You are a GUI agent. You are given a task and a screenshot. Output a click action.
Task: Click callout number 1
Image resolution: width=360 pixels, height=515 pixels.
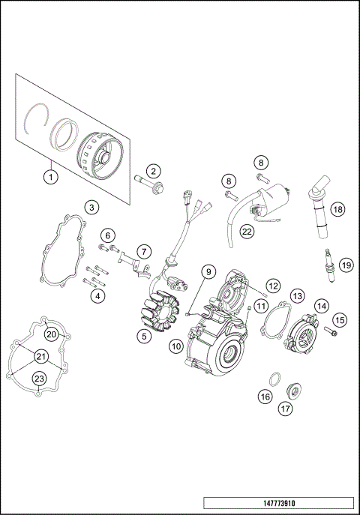pos(50,177)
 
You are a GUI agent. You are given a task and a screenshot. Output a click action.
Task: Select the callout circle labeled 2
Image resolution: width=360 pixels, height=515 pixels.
pos(152,172)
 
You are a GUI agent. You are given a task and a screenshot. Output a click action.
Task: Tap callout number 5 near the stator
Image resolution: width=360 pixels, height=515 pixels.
pos(143,337)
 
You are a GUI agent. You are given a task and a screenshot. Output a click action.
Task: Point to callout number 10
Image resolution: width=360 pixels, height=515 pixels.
pos(175,346)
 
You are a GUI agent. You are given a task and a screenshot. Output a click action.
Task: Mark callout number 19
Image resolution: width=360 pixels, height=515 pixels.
pos(345,265)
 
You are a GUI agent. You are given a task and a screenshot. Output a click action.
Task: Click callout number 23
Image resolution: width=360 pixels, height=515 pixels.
pos(40,378)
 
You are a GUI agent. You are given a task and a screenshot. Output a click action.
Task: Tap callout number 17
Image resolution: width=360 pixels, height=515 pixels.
pos(286,409)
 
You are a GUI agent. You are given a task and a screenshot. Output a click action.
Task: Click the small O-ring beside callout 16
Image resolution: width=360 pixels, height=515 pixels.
pos(274,379)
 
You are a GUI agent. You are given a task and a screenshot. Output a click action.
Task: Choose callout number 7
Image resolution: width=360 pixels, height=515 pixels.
pos(143,250)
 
